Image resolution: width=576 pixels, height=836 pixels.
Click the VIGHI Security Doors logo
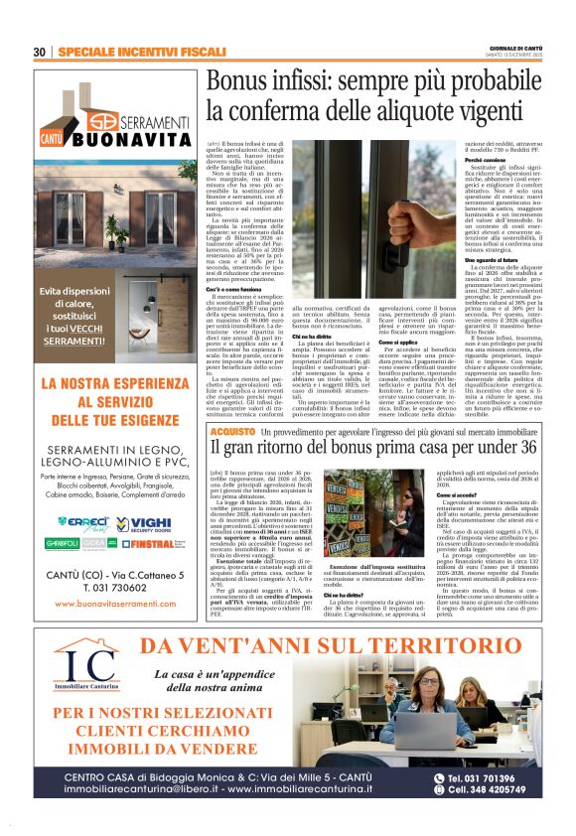tap(150, 522)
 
